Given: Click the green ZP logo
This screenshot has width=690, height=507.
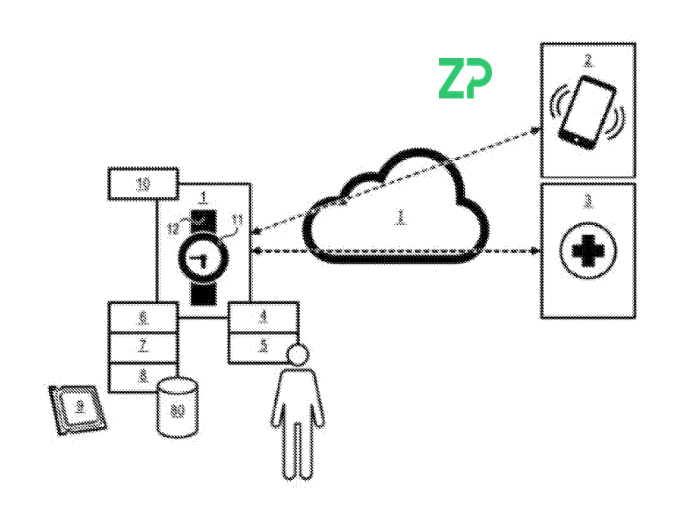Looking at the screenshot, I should (465, 78).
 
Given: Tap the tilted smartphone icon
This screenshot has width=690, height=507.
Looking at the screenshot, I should (587, 112).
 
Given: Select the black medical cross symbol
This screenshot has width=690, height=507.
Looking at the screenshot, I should (588, 251).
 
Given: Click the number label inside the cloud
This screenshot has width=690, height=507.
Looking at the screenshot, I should (401, 217).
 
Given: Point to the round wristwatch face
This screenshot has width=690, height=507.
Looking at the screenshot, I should (203, 258).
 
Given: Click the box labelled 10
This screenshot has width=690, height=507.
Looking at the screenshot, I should (143, 184).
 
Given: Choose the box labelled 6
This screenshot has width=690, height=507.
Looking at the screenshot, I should (143, 317).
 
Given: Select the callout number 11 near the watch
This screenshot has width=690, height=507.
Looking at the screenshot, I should (237, 221).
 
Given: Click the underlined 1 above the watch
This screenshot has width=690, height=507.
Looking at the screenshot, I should (203, 197).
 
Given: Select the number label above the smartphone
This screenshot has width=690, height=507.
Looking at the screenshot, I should (588, 61).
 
